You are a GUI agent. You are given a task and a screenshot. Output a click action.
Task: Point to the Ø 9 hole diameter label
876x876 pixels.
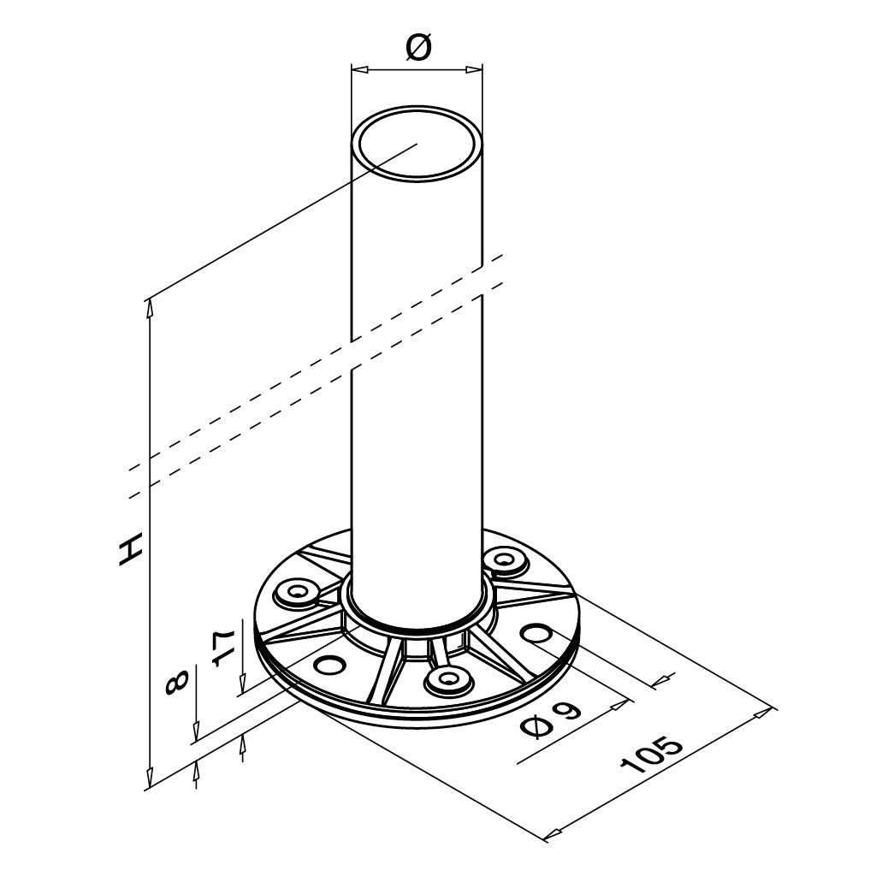coord(550,719)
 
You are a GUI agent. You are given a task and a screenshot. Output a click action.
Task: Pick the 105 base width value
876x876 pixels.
coord(651,755)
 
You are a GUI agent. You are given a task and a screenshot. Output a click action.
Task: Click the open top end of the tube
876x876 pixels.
coord(417,143)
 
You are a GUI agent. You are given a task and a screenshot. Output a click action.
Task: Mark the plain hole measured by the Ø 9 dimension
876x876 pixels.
coord(536,633)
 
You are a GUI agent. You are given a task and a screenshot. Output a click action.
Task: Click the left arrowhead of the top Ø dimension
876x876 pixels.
coord(358,69)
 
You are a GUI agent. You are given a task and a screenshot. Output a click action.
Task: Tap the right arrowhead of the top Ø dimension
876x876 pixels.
coord(474,69)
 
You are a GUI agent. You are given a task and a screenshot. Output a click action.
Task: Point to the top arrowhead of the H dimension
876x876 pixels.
coord(149,308)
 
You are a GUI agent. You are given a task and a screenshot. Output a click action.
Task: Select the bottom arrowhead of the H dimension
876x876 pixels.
coord(149,778)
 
